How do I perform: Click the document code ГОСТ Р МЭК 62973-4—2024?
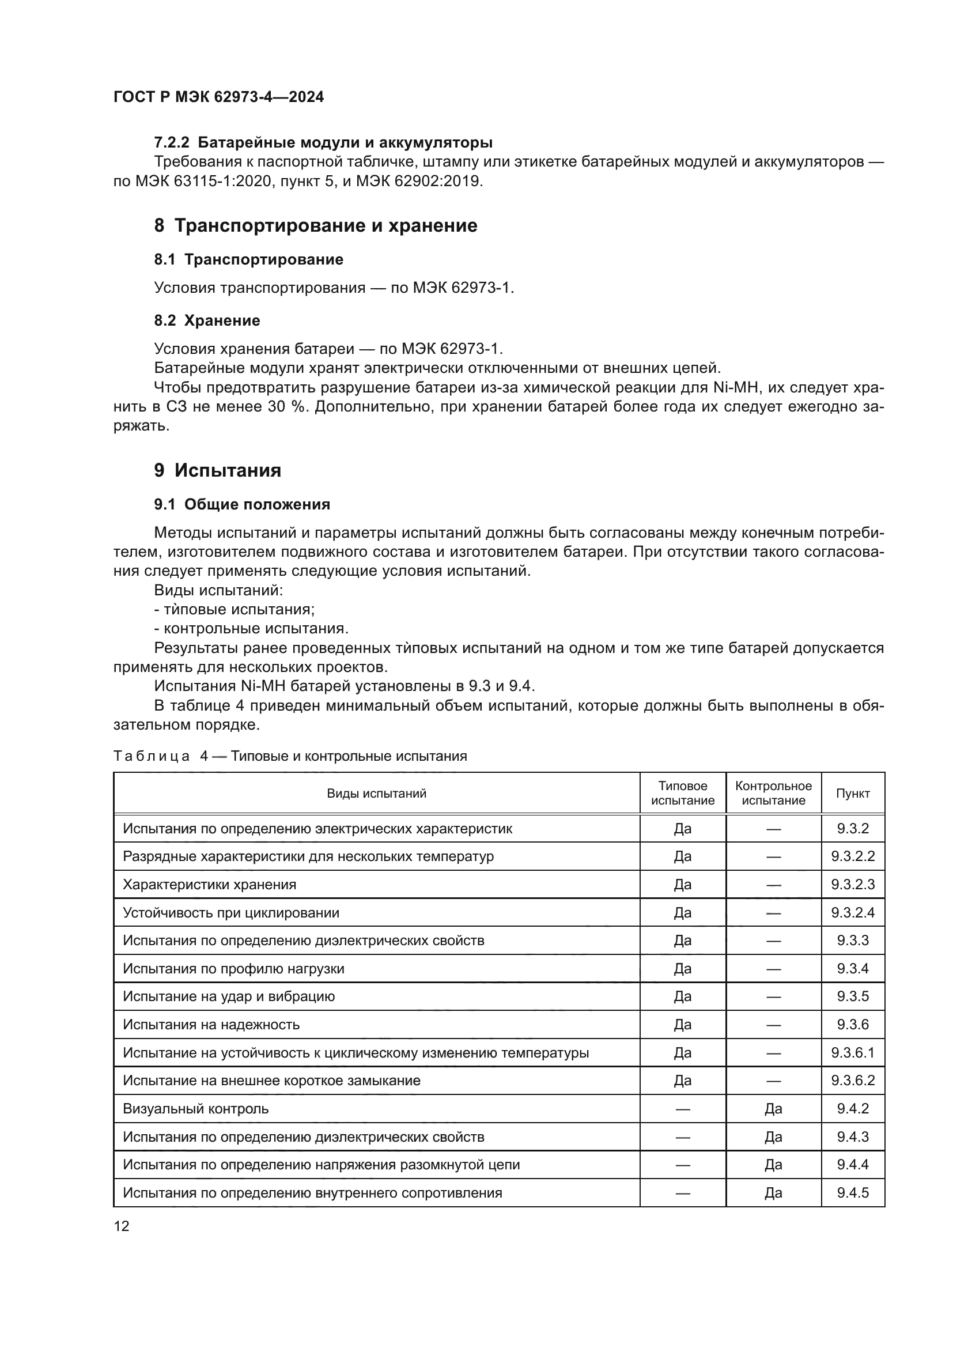coord(218,97)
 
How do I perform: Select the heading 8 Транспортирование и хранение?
coord(316,225)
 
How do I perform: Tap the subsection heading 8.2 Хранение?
coord(207,320)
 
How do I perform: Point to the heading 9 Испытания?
coord(218,470)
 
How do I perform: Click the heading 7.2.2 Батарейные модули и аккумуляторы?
coord(323,143)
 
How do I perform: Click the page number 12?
coord(122,1226)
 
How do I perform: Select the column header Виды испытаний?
coord(376,794)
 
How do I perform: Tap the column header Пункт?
coord(853,794)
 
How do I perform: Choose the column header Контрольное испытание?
coord(773,793)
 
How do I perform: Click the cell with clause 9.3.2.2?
coord(853,856)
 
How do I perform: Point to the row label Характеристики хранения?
coord(210,885)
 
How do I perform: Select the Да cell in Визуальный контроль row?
coord(773,1109)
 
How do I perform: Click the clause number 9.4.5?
coord(853,1193)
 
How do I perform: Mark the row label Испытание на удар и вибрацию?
coord(229,996)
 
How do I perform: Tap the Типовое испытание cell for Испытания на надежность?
coord(682,1025)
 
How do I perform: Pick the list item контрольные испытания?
coord(256,629)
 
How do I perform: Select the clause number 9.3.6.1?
coord(853,1053)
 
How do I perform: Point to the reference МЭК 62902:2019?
coord(419,182)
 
